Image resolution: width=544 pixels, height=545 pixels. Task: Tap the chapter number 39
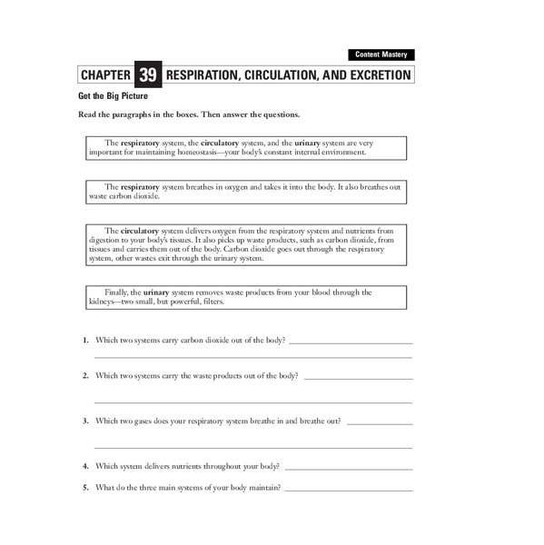click(147, 74)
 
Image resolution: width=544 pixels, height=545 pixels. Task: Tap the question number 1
click(84, 341)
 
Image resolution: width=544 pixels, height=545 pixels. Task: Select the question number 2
click(84, 376)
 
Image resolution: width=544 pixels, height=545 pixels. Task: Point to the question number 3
click(84, 421)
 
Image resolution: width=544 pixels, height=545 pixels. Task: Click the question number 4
click(84, 467)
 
